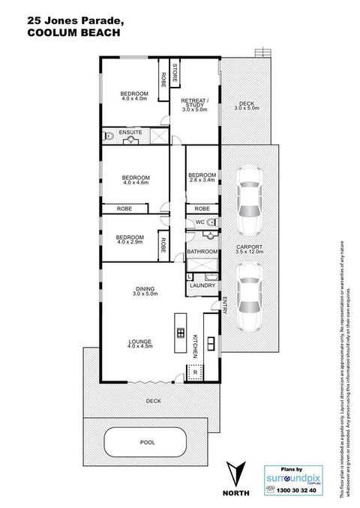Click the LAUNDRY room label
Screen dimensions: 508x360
203,285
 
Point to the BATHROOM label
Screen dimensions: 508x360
202,252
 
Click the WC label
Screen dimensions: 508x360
199,223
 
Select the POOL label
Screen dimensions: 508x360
148,443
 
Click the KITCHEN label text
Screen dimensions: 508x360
193,345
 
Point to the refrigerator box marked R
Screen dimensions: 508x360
196,372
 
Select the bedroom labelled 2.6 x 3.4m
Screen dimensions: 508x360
201,177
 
